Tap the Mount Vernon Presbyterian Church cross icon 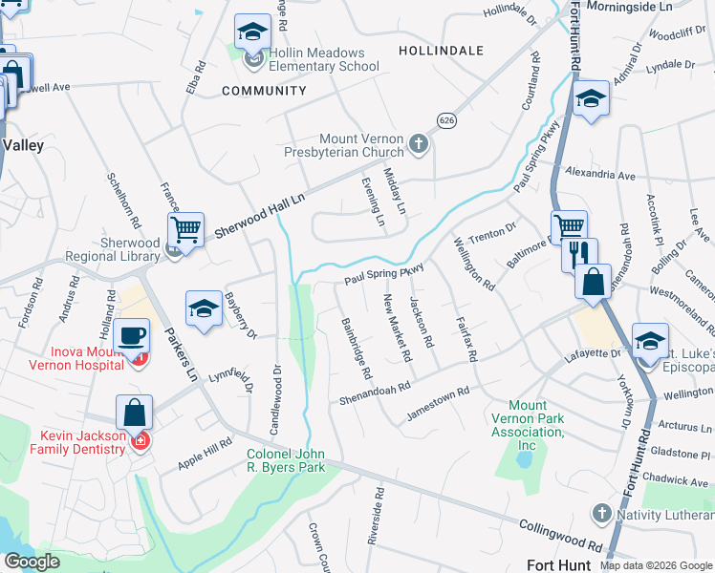point(418,144)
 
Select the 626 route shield point(446,119)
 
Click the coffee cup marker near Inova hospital point(131,336)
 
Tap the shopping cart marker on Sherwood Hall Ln point(185,228)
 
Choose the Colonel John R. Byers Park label point(287,460)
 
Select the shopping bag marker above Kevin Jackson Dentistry point(135,413)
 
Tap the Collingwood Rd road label point(559,537)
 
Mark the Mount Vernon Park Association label point(528,425)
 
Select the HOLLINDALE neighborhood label point(441,50)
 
